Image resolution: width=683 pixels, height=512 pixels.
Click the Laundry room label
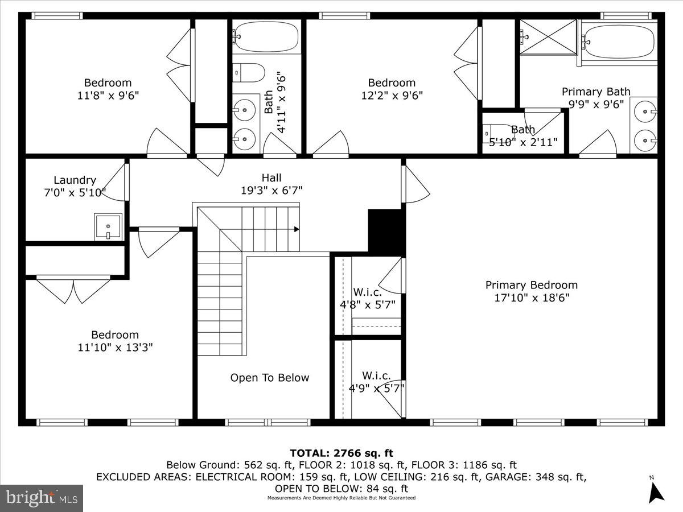click(75, 180)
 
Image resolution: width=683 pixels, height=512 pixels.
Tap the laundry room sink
click(108, 227)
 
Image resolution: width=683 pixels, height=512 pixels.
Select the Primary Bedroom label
click(531, 285)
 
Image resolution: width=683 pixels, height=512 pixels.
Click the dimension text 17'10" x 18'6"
click(531, 298)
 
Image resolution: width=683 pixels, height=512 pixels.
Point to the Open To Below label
click(270, 378)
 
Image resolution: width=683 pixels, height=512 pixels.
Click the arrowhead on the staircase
click(297, 229)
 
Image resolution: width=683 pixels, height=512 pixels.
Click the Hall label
click(271, 178)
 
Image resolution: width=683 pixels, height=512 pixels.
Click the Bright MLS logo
click(42, 498)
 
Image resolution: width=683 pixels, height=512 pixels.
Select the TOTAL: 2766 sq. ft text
click(341, 453)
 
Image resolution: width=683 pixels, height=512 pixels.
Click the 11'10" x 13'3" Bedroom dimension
click(114, 347)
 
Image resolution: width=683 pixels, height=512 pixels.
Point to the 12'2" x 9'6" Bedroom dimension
click(392, 96)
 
